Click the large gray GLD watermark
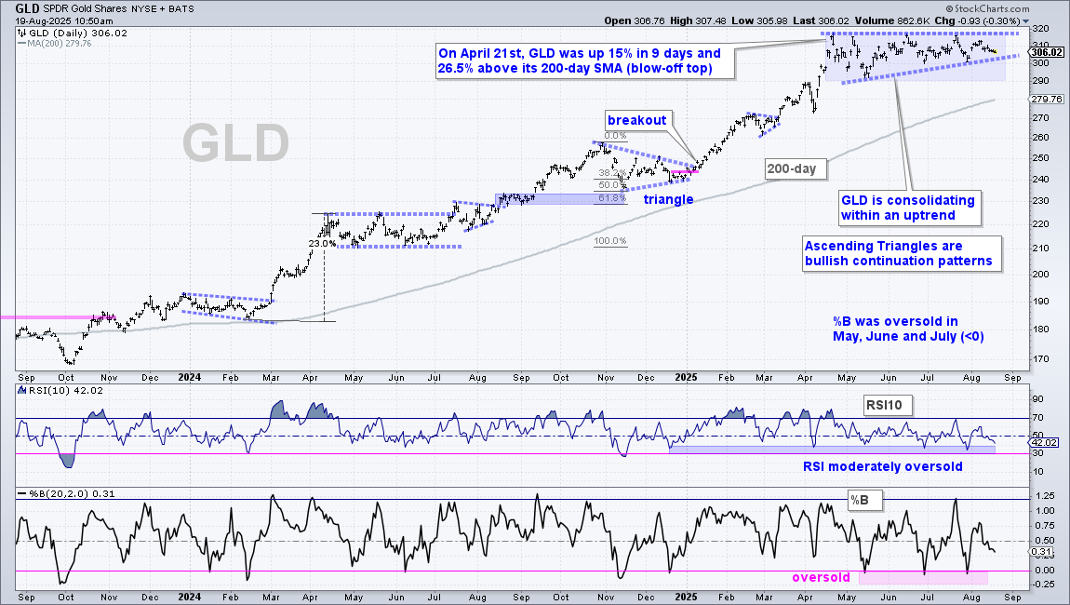click(x=236, y=143)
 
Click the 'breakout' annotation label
click(x=636, y=120)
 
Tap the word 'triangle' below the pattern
click(x=668, y=199)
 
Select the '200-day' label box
click(x=791, y=168)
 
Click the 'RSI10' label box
click(x=884, y=405)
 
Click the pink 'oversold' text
click(x=821, y=578)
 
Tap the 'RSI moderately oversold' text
click(x=882, y=467)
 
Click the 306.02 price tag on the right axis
click(x=1046, y=52)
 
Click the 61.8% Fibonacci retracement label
click(x=612, y=198)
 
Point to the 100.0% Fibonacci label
click(x=610, y=241)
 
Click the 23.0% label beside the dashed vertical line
click(x=321, y=243)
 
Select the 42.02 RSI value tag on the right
click(x=1045, y=443)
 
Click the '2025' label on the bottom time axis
click(x=685, y=597)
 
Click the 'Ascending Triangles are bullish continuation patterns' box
click(x=902, y=254)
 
